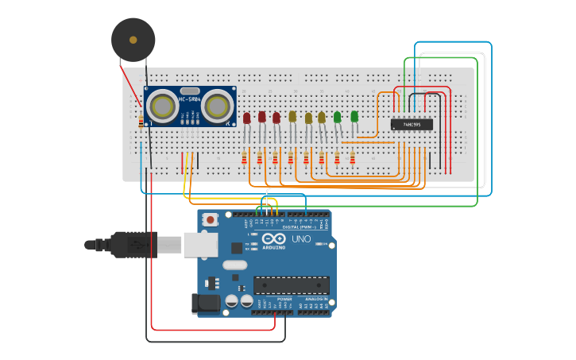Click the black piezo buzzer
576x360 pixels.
pos(133,39)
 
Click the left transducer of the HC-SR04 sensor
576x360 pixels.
pos(164,106)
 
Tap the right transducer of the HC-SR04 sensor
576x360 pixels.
pos(215,106)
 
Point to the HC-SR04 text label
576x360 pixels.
pos(190,99)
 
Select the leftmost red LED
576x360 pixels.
pos(246,118)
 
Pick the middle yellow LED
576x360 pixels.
pos(308,118)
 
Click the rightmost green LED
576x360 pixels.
pos(354,117)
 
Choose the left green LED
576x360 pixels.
pos(337,118)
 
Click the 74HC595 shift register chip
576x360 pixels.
pos(412,125)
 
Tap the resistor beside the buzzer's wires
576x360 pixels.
pos(141,122)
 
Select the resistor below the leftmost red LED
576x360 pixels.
pos(244,158)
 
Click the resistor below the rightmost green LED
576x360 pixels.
pos(352,158)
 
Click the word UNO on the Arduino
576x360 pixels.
pos(301,239)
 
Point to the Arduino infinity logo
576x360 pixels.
pos(273,238)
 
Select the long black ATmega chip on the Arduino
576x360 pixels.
pos(291,285)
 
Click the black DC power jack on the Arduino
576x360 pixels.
pos(205,303)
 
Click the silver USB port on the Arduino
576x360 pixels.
pos(199,245)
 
